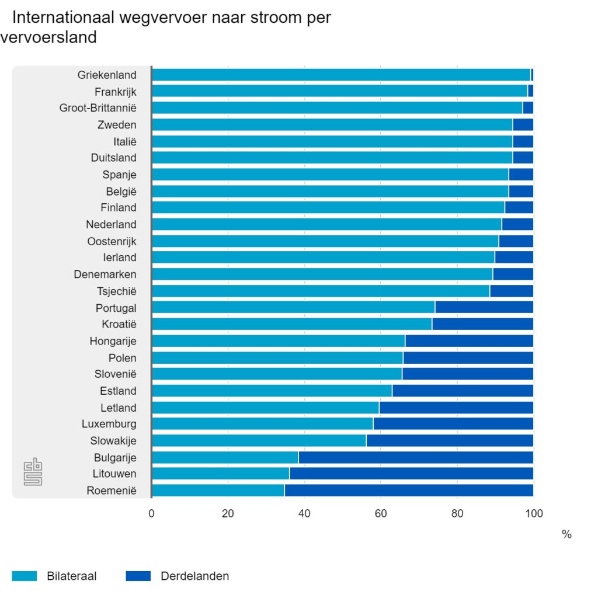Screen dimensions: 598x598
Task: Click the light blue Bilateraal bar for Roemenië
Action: point(218,491)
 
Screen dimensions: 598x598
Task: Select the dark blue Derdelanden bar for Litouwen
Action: point(411,474)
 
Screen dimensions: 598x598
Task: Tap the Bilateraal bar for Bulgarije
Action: point(225,457)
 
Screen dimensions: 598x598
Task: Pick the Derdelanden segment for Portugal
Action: point(484,307)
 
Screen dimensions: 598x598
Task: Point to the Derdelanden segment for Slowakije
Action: point(450,441)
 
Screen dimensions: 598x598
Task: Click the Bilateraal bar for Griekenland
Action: point(341,75)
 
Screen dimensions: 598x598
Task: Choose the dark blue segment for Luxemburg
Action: point(453,424)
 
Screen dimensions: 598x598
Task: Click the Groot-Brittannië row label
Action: point(98,108)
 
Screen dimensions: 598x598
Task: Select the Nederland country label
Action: point(111,224)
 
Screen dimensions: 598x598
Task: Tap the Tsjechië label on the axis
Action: point(116,291)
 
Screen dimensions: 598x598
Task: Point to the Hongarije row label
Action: point(113,341)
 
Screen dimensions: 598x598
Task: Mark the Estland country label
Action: point(118,391)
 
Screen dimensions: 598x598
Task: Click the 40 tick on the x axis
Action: point(304,514)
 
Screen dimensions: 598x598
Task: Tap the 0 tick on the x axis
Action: point(152,514)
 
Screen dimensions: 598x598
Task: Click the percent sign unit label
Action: point(566,534)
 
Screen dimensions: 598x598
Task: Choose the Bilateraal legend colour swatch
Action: point(24,576)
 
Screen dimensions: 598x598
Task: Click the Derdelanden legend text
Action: point(194,576)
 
